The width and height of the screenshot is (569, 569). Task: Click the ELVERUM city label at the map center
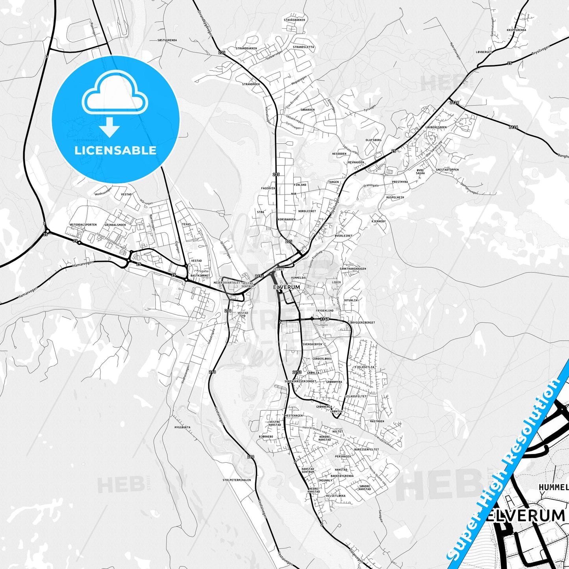pyautogui.click(x=287, y=287)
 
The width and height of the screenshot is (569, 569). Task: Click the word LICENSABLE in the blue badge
pyautogui.click(x=115, y=150)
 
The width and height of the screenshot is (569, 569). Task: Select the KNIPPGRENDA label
pyautogui.click(x=516, y=30)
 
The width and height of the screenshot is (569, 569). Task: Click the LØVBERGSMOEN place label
pyautogui.click(x=436, y=127)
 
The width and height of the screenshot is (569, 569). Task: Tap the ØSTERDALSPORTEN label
pyautogui.click(x=83, y=225)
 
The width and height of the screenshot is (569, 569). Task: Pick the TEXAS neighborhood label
pyautogui.click(x=186, y=224)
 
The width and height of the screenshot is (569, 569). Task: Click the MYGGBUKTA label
pyautogui.click(x=182, y=427)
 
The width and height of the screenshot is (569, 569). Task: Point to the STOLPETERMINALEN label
pyautogui.click(x=237, y=480)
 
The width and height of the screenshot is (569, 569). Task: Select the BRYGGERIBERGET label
pyautogui.click(x=362, y=322)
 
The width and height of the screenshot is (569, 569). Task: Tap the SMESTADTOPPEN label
pyautogui.click(x=447, y=170)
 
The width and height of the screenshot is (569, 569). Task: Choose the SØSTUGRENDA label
pyautogui.click(x=167, y=40)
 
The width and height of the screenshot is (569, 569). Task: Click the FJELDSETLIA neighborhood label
pyautogui.click(x=365, y=367)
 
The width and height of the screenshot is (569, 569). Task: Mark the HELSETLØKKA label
pyautogui.click(x=333, y=496)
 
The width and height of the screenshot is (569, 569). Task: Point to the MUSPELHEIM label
pyautogui.click(x=395, y=197)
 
